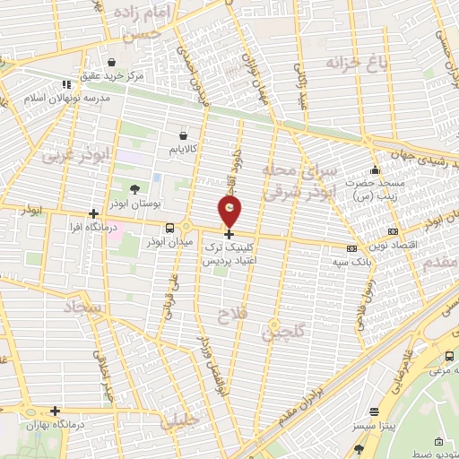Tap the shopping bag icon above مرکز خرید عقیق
point(111,63)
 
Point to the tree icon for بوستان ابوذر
point(134,189)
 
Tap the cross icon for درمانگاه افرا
point(93,213)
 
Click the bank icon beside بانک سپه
point(351,248)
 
